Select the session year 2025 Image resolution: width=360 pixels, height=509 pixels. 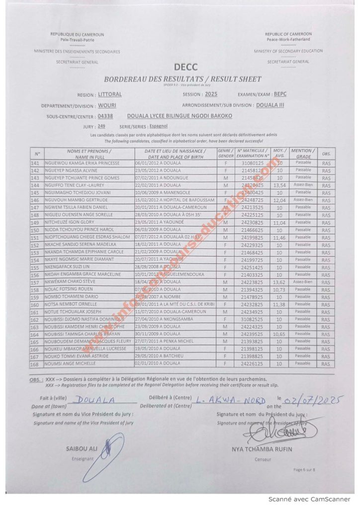point(211,94)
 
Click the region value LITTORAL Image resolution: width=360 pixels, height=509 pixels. point(110,94)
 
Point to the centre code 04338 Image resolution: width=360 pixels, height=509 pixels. point(105,116)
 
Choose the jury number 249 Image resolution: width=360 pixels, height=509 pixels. point(101,127)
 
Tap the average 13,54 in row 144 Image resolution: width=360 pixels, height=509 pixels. point(280,185)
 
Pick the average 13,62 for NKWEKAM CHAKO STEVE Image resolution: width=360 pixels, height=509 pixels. point(280,282)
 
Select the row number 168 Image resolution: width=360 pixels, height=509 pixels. point(35,364)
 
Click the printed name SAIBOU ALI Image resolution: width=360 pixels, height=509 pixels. point(80,449)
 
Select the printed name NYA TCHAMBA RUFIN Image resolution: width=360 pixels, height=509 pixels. point(262,449)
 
